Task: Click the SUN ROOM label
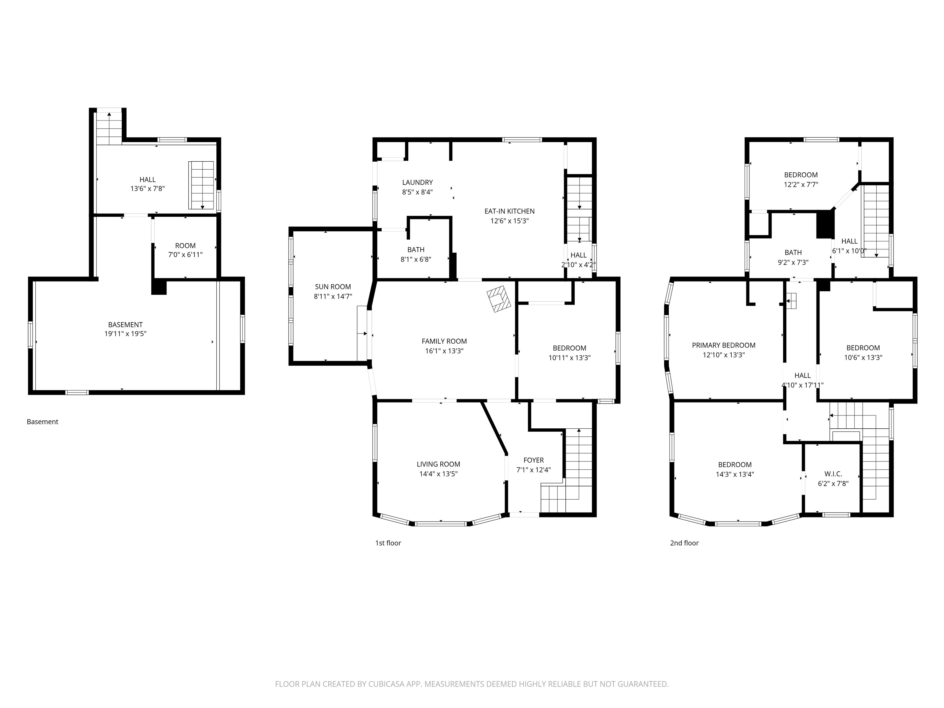pos(333,287)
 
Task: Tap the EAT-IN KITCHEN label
pos(509,211)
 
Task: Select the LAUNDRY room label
pos(417,183)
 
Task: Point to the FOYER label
pos(533,460)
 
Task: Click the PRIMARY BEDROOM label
pos(724,345)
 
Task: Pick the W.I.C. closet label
pos(833,474)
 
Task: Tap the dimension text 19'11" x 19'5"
pos(125,334)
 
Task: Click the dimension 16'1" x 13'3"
pos(444,351)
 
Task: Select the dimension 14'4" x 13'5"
pos(438,474)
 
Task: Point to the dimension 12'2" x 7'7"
pos(801,184)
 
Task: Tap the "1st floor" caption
pos(388,543)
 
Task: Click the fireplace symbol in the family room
pos(499,299)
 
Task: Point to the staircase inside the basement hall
pos(202,185)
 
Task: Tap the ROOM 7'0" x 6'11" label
pos(185,250)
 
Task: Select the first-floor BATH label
pos(416,250)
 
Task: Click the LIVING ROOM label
pos(438,464)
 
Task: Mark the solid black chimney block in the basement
pos(159,287)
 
